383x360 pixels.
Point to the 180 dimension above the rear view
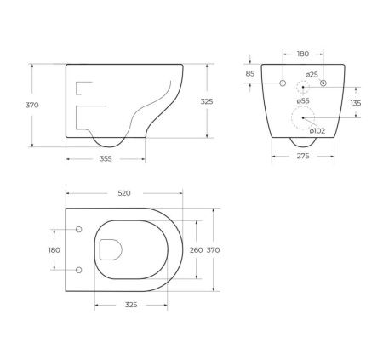(303, 54)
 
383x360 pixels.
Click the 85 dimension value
(249, 73)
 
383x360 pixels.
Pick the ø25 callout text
(312, 75)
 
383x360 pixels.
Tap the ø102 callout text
(316, 130)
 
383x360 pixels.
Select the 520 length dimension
(123, 194)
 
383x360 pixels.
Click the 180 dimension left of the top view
(54, 250)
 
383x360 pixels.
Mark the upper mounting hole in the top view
(79, 230)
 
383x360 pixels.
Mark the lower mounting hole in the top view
(79, 271)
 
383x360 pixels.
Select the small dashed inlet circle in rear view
(302, 89)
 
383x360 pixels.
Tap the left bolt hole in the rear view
(282, 83)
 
